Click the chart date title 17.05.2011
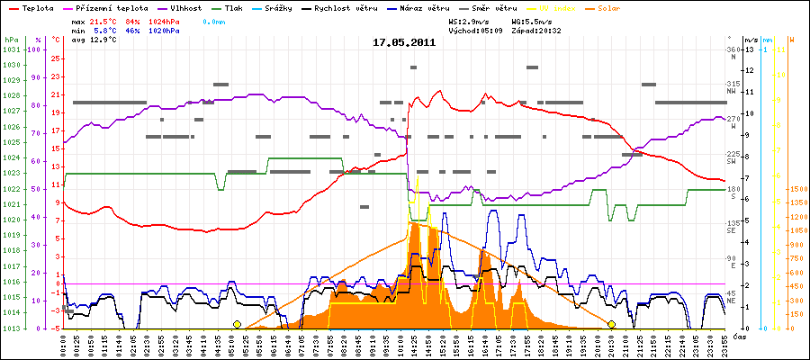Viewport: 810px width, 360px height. [x=404, y=42]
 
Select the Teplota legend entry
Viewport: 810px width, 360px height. [x=36, y=7]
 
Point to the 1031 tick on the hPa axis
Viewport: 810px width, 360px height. [x=11, y=50]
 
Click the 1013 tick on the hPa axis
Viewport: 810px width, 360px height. [x=11, y=328]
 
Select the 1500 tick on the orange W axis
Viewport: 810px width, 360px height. [x=796, y=190]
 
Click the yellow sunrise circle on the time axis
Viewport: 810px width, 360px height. [x=237, y=324]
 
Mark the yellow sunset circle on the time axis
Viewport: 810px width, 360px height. [x=611, y=324]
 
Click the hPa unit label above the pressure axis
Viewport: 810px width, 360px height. [x=11, y=40]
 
